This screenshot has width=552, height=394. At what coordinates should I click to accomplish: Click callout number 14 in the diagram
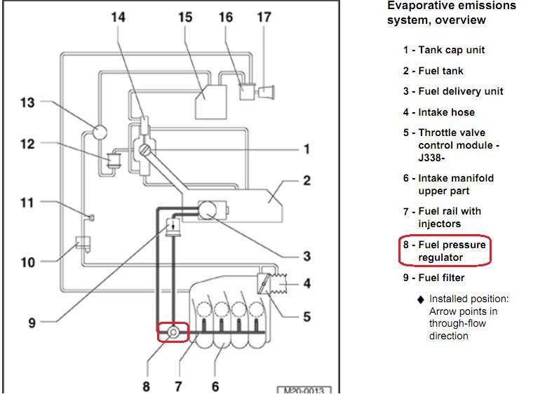(119, 15)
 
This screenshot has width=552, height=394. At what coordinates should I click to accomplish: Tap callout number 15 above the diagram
(184, 15)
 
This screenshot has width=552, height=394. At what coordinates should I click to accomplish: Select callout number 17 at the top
(264, 15)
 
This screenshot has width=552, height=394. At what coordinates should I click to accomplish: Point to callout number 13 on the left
(27, 103)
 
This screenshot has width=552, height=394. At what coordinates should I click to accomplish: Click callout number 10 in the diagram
(27, 263)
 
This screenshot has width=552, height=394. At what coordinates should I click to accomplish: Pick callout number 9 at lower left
(32, 323)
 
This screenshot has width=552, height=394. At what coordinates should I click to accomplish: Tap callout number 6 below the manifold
(215, 385)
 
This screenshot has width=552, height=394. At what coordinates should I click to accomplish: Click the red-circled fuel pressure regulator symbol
(173, 331)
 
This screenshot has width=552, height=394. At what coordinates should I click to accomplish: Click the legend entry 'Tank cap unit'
(452, 50)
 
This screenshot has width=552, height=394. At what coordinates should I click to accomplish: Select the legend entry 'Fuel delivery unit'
(460, 91)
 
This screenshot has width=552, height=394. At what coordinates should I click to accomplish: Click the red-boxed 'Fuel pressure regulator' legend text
(452, 252)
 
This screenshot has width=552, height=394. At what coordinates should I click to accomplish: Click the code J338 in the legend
(431, 158)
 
